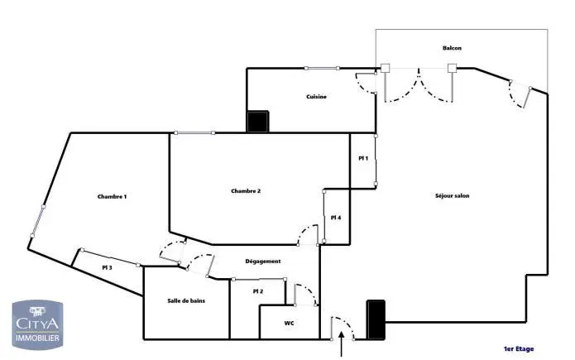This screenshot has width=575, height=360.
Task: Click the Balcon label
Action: coord(452,48)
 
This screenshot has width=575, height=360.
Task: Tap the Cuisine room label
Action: coord(317,97)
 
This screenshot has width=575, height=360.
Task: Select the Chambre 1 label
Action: coord(113,197)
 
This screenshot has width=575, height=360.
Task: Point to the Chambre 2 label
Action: coord(246,191)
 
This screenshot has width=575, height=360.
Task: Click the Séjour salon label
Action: coord(453,195)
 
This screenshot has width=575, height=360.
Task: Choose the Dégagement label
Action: coord(263,262)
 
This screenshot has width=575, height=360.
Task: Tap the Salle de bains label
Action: coord(186,300)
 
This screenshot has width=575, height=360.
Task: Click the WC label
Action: coord(289,324)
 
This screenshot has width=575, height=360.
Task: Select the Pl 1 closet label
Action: coord(363,158)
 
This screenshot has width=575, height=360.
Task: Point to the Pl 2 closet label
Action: coord(258,291)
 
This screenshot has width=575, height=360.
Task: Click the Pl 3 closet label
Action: coord(107,267)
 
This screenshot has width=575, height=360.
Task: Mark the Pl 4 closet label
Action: coord(336,218)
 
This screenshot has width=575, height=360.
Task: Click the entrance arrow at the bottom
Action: coord(342,343)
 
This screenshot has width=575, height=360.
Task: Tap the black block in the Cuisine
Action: coord(258,122)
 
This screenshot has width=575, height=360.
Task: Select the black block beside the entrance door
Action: coord(376,319)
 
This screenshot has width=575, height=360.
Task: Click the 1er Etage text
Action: coord(519,348)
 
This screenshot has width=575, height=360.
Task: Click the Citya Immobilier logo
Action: coord(37,324)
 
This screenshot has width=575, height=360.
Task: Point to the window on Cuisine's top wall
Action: coord(322,68)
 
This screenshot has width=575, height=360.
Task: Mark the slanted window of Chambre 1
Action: coord(38,221)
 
